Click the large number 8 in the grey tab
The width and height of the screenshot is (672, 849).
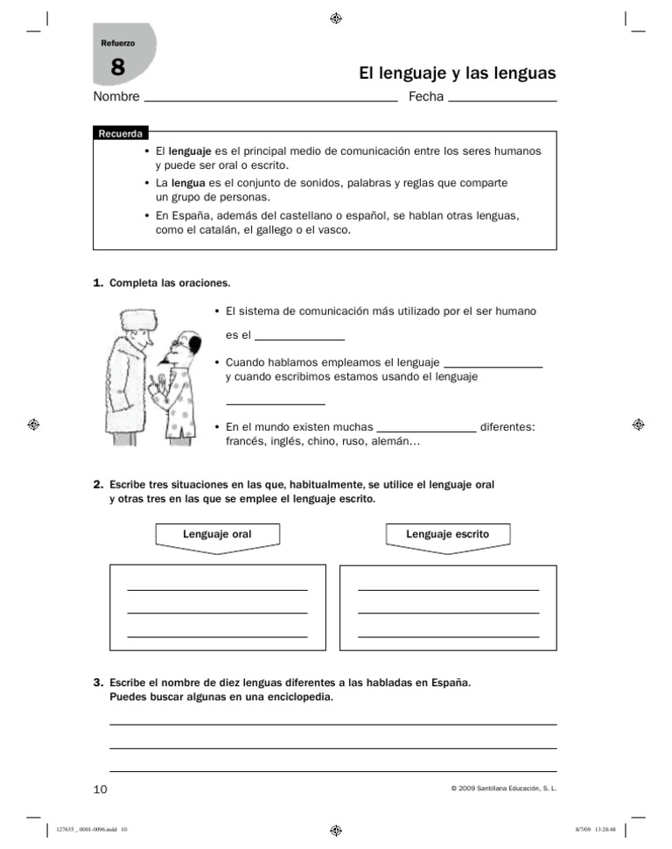(118, 67)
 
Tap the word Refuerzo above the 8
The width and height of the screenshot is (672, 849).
(118, 43)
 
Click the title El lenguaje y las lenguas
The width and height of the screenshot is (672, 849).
(457, 74)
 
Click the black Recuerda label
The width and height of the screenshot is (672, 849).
(121, 134)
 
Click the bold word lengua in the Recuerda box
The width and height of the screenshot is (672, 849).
(188, 184)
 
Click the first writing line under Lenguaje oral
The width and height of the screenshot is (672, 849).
(217, 589)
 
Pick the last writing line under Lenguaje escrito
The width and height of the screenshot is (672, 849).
(448, 635)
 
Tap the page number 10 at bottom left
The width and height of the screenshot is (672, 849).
(100, 789)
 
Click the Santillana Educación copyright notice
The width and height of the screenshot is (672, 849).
(503, 789)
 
